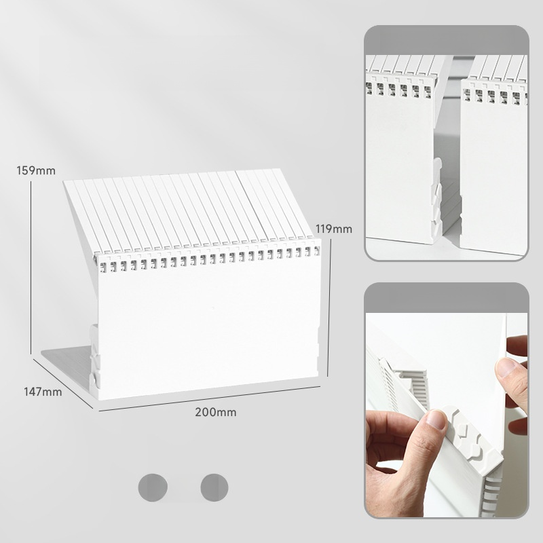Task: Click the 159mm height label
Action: click(36, 171)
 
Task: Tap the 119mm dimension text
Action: click(334, 229)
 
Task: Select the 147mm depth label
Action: click(43, 392)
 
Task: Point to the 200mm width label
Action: click(216, 412)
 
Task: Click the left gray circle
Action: click(153, 487)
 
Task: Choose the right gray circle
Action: click(214, 487)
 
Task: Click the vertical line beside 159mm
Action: click(31, 267)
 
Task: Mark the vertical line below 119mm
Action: click(329, 308)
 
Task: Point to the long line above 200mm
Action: click(209, 398)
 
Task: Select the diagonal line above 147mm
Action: click(63, 383)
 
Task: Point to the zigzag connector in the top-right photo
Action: click(436, 195)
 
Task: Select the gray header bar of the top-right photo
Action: click(447, 40)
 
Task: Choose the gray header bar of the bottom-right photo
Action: click(447, 298)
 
